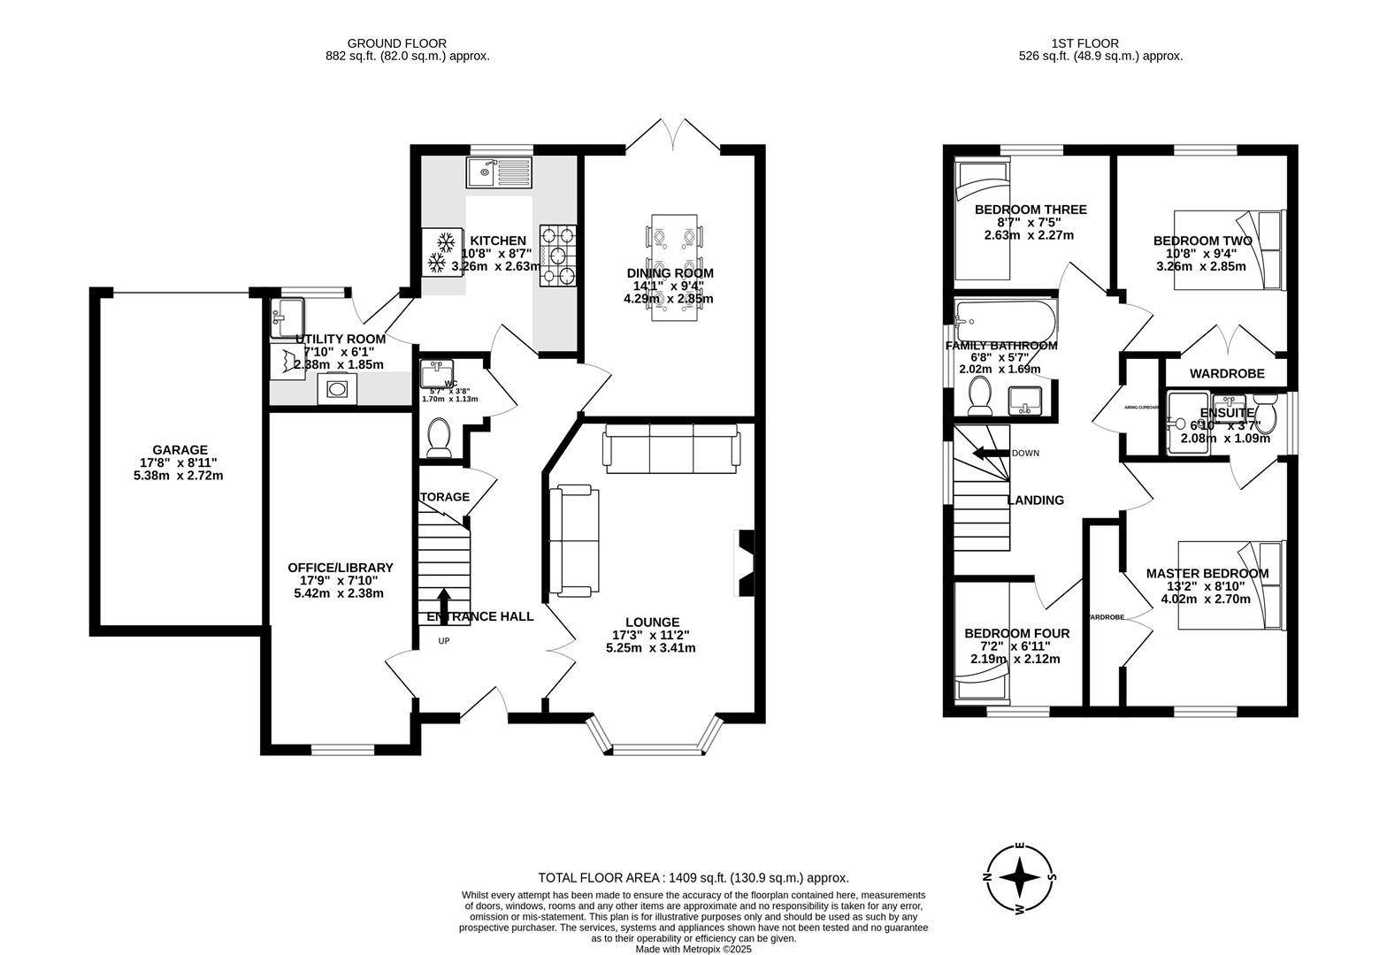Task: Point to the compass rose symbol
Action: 1020,879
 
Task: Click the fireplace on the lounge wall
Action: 745,564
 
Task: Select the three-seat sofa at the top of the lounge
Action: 671,446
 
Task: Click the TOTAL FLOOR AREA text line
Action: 693,878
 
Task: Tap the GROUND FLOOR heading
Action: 396,42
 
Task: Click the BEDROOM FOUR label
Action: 1016,633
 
